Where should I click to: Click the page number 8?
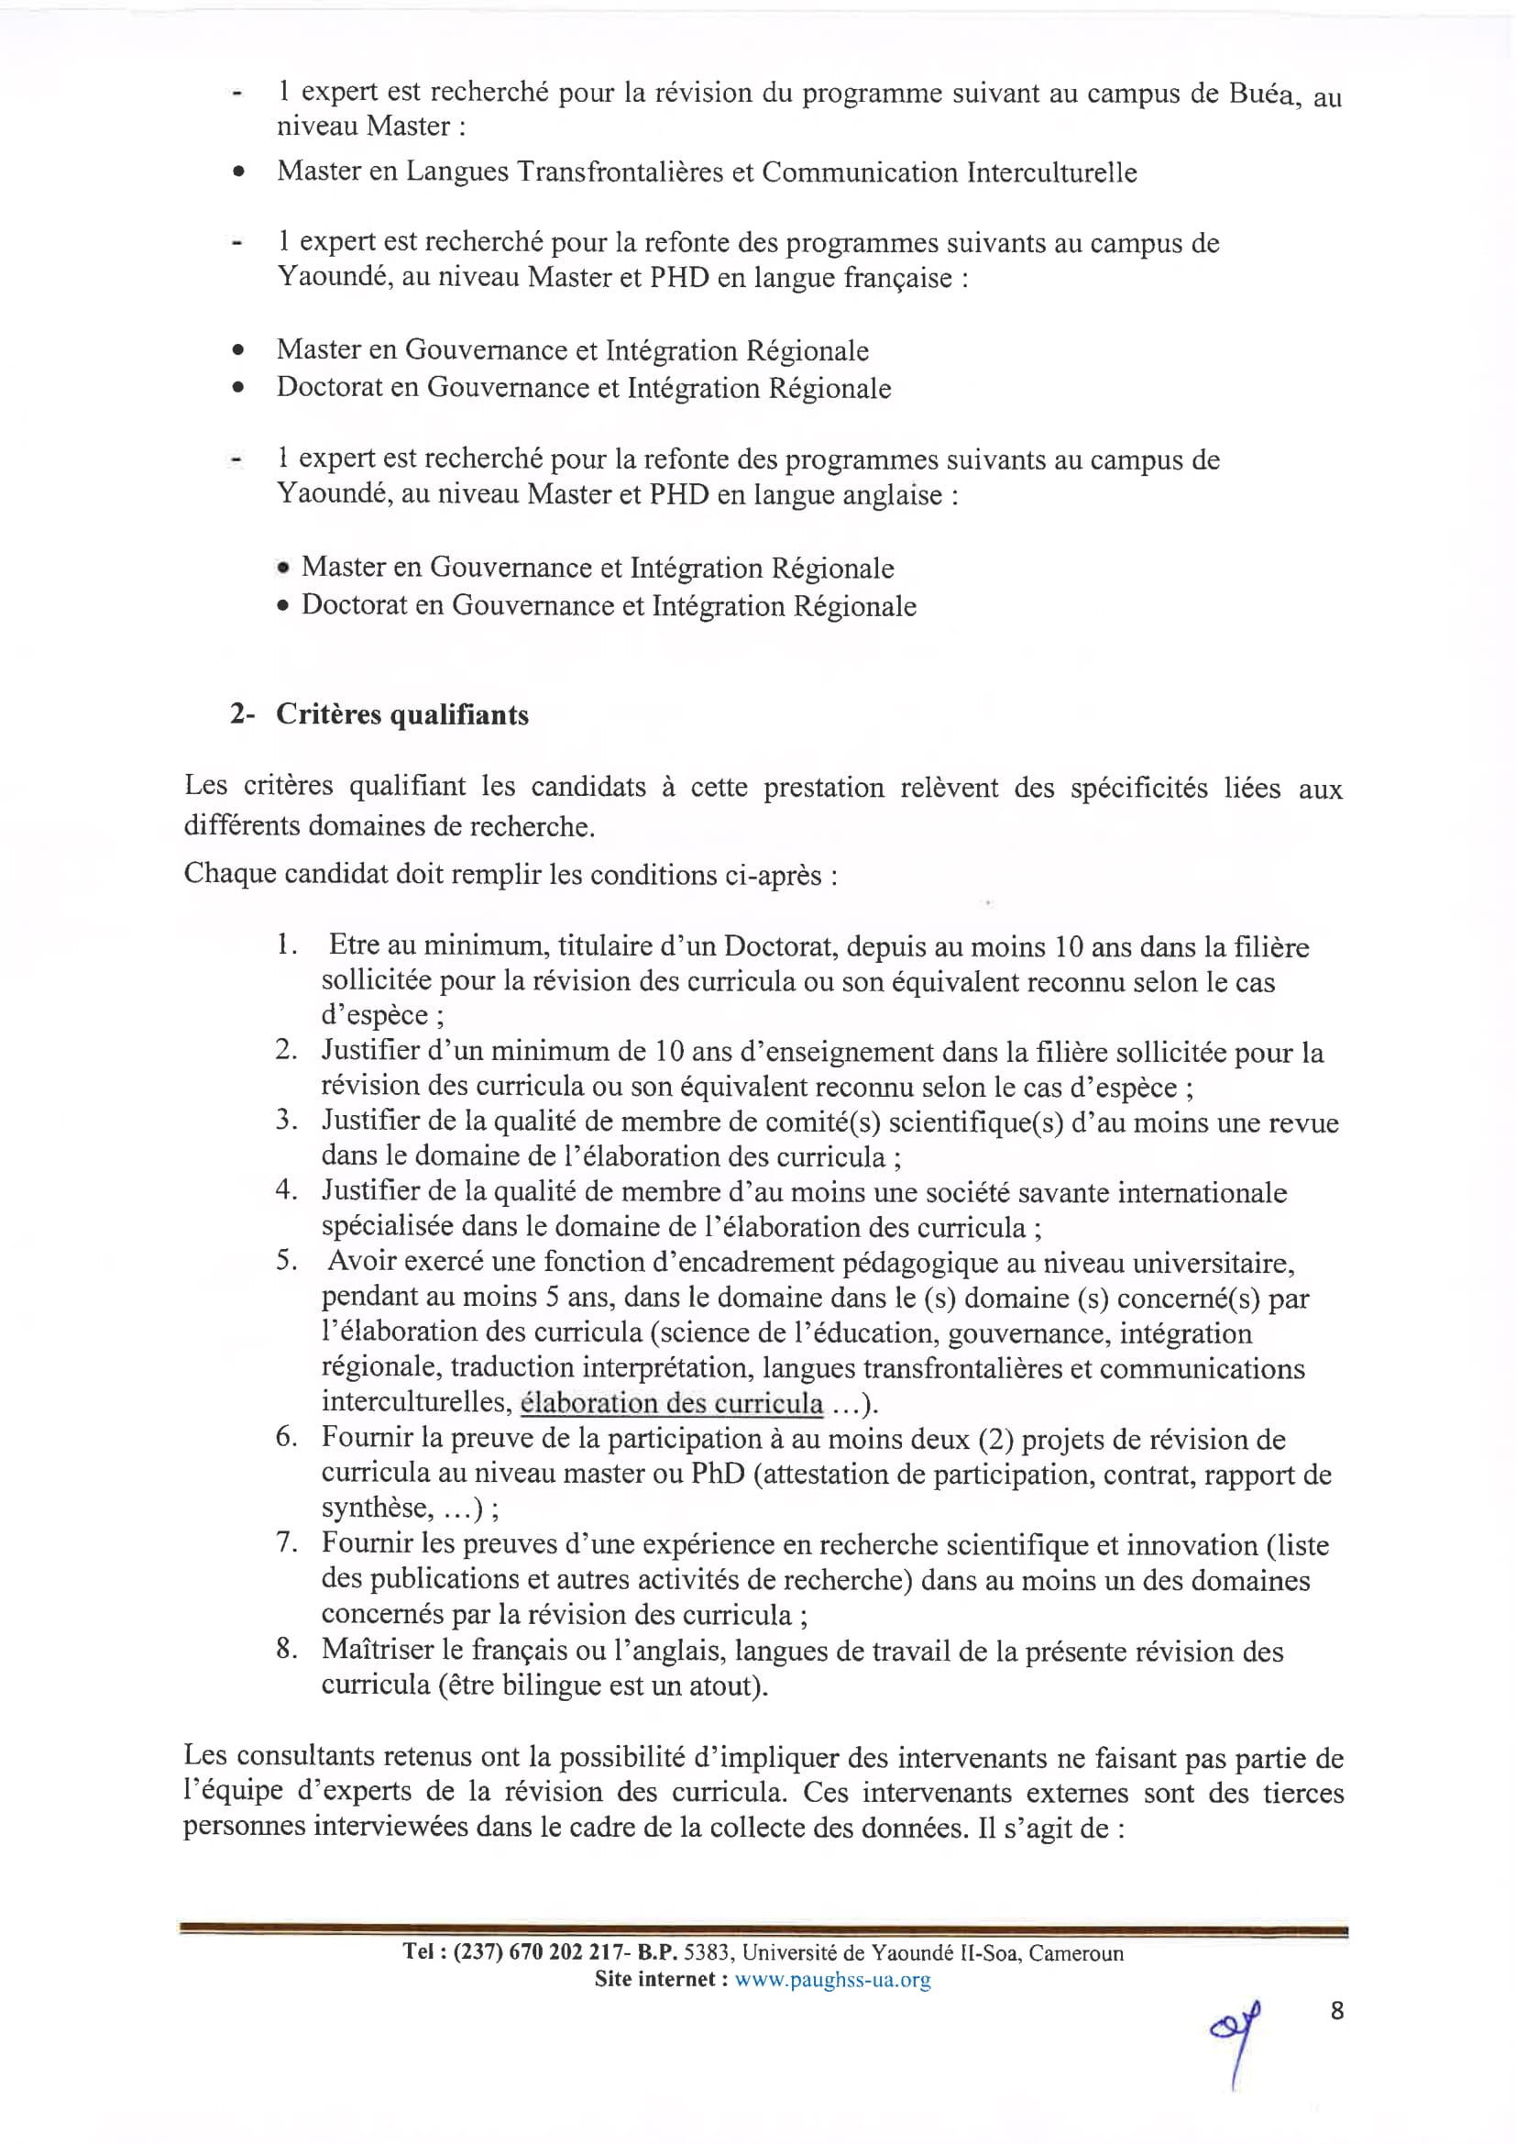coord(1336,2010)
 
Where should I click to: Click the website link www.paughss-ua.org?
coord(831,1980)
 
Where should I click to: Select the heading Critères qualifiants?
coord(402,714)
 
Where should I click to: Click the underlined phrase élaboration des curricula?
coord(671,1402)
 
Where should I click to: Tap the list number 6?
coord(286,1437)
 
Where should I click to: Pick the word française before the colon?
coord(898,277)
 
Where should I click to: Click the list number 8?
coord(286,1648)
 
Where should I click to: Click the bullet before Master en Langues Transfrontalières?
coord(240,172)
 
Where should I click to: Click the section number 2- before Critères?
coord(243,714)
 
